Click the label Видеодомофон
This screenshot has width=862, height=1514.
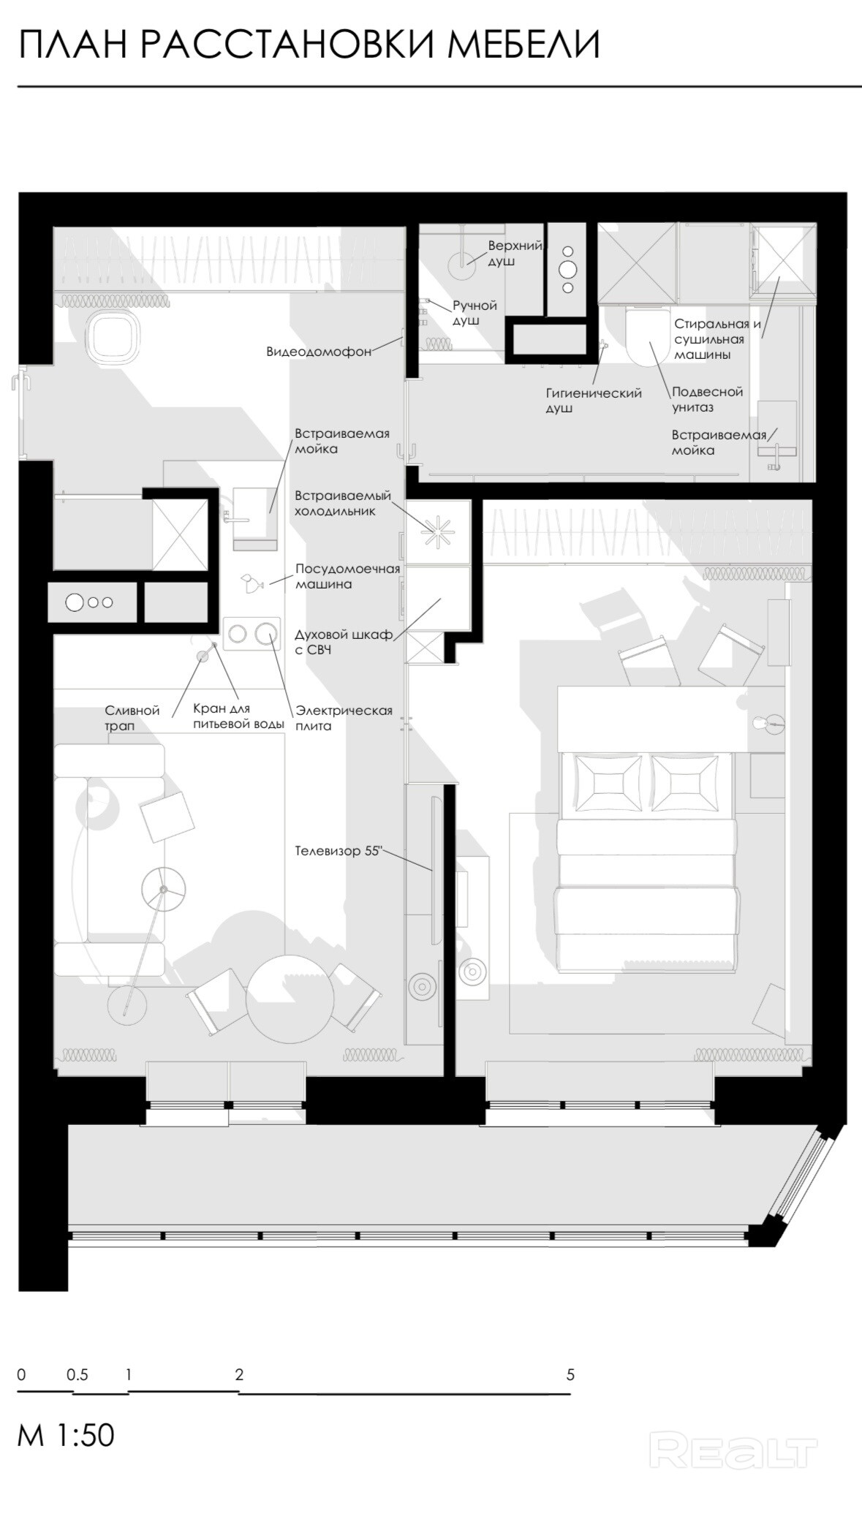(x=319, y=352)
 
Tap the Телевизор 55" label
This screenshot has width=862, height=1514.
(x=339, y=851)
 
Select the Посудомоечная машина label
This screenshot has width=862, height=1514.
(x=347, y=576)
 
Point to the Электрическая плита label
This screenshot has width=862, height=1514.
(x=344, y=718)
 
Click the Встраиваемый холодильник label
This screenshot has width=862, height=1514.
(x=343, y=503)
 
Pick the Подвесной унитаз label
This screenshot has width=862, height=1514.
(x=707, y=399)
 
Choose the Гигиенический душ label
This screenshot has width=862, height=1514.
(x=594, y=401)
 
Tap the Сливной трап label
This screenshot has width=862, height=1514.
(x=132, y=718)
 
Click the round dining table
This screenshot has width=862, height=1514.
(x=290, y=998)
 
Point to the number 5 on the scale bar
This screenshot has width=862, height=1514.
(x=570, y=1374)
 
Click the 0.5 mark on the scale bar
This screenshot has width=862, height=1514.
(x=77, y=1374)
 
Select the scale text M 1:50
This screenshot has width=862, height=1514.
(x=67, y=1435)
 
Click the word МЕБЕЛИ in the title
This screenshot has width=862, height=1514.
(x=523, y=45)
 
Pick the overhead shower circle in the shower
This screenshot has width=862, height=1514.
(x=461, y=265)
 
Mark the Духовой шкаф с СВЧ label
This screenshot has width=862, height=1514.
(x=344, y=642)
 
